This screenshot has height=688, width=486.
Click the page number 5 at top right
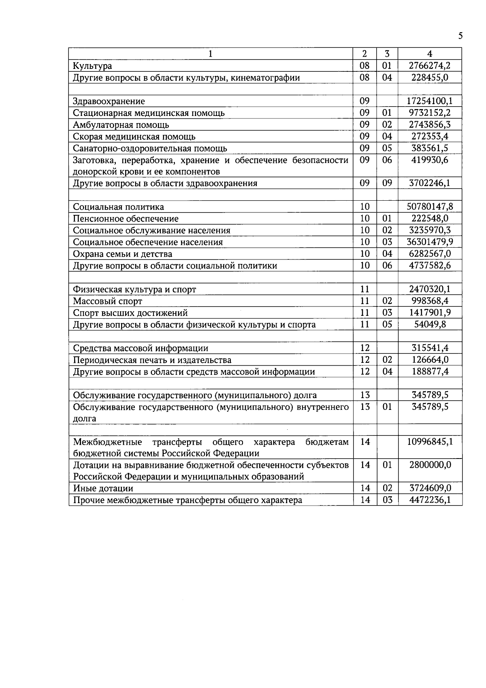(x=460, y=36)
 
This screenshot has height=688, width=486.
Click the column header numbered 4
(x=430, y=54)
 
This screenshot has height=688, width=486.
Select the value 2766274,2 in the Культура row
(x=430, y=65)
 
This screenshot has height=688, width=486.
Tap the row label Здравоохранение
(x=109, y=101)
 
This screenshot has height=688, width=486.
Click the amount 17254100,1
(x=430, y=101)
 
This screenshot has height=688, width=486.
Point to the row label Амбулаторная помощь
(x=121, y=125)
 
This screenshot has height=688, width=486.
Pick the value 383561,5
(x=430, y=148)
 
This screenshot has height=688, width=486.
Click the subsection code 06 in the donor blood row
(x=387, y=160)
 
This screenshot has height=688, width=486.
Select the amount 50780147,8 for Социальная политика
(x=430, y=207)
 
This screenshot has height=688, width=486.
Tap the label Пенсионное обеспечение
(x=126, y=219)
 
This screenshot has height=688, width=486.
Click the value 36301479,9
(x=430, y=242)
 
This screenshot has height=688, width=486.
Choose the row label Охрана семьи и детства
(x=122, y=254)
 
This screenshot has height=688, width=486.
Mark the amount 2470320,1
(x=430, y=289)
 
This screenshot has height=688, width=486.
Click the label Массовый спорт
(x=107, y=301)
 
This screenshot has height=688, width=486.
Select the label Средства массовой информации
(x=141, y=348)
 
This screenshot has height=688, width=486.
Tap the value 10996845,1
(x=430, y=442)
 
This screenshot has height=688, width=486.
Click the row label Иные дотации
(x=103, y=489)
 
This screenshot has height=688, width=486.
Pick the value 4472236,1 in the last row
(x=430, y=500)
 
